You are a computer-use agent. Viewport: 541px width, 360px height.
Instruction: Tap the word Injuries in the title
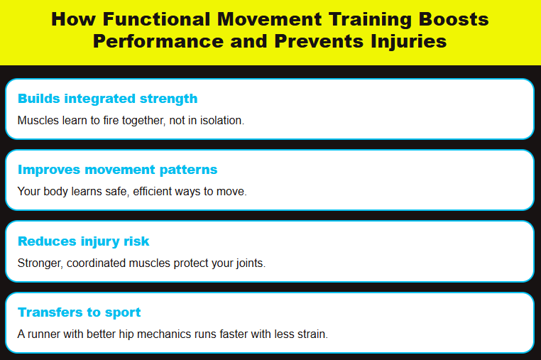coord(405,41)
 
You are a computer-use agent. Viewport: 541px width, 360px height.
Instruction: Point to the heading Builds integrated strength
coord(107,98)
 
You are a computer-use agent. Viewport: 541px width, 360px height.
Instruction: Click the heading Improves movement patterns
coord(117,170)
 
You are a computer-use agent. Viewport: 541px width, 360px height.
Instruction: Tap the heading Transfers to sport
coord(80,312)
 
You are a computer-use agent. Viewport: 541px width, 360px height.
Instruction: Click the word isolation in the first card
coord(222,121)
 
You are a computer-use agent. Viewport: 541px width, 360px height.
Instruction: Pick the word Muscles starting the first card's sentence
coord(37,121)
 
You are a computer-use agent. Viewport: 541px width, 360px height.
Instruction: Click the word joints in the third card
coord(250,263)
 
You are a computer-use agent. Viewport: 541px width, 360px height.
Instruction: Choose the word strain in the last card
coord(310,334)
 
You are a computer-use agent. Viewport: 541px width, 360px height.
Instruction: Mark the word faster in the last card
coord(234,334)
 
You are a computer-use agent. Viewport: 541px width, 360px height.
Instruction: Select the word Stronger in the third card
coord(40,263)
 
